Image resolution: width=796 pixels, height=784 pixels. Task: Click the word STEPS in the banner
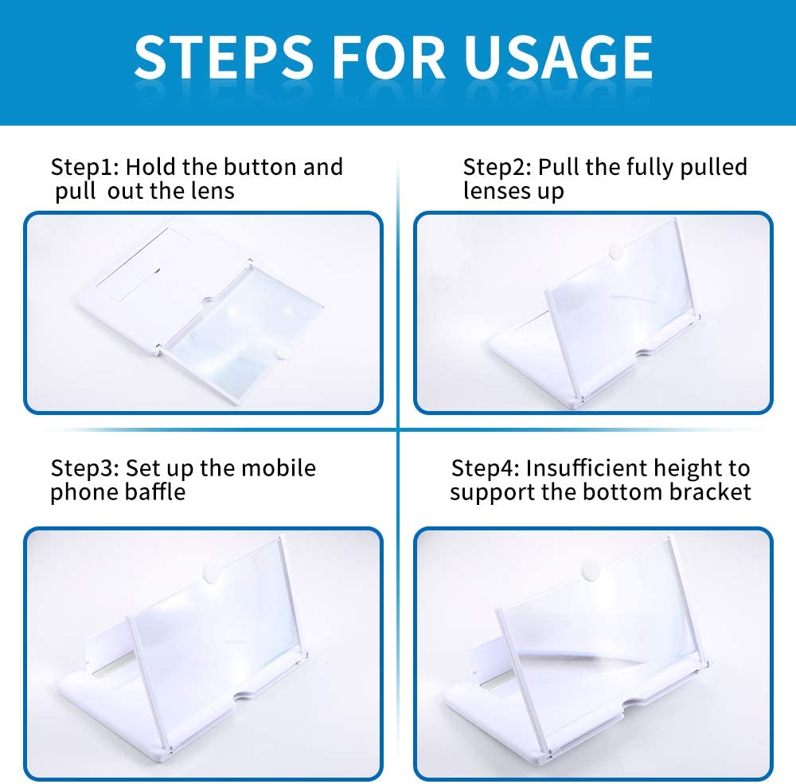(224, 56)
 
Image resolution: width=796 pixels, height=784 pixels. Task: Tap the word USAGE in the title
(559, 56)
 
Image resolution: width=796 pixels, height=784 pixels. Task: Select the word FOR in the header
(388, 56)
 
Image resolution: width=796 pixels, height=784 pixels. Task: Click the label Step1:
(85, 167)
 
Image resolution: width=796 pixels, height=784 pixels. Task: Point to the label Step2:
(497, 167)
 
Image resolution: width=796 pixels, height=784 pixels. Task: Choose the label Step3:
(85, 468)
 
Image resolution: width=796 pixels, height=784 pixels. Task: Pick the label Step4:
(486, 468)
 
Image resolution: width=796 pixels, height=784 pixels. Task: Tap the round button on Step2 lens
(616, 251)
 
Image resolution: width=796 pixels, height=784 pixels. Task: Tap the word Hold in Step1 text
(150, 166)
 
